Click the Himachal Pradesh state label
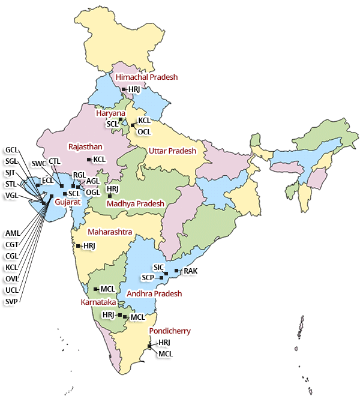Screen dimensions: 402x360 click(x=146, y=77)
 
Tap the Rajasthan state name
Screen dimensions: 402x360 click(x=86, y=146)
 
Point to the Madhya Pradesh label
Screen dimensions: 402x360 click(x=136, y=204)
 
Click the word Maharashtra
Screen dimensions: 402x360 click(x=110, y=232)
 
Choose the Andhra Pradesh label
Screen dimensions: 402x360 click(x=154, y=294)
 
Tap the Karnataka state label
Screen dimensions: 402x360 click(x=98, y=302)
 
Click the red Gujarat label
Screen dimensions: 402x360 click(x=68, y=203)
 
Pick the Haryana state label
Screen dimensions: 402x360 click(x=111, y=113)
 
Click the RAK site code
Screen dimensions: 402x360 click(x=190, y=271)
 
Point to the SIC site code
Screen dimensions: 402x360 click(x=159, y=266)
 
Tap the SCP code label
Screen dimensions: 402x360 click(x=148, y=278)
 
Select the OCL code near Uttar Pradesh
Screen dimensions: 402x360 click(x=145, y=131)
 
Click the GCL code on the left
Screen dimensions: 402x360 click(x=11, y=149)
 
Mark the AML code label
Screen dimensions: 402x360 click(x=12, y=233)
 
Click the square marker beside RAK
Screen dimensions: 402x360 click(x=176, y=271)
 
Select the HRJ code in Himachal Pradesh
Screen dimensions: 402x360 click(x=134, y=89)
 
